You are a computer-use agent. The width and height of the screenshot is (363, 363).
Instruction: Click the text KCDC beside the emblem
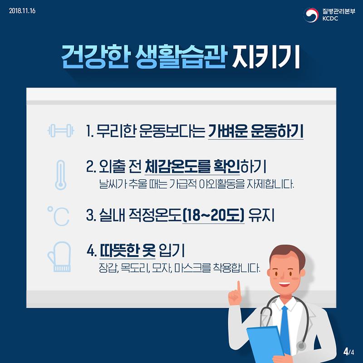330,19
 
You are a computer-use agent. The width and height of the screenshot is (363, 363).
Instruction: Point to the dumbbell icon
60,131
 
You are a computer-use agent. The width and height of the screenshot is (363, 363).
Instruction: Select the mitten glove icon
59,257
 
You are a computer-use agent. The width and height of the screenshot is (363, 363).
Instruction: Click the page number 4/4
348,352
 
